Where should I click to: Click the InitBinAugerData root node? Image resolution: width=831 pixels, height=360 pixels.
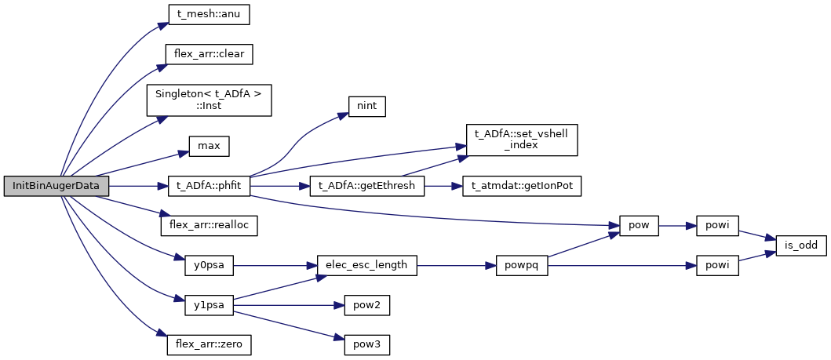pos(55,187)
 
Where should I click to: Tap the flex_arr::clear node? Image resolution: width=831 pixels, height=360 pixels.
pos(209,54)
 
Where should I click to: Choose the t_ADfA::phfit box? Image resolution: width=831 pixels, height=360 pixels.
pos(209,187)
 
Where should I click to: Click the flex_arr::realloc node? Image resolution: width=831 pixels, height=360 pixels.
pos(209,225)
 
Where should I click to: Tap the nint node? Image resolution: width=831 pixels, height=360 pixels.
pos(366,105)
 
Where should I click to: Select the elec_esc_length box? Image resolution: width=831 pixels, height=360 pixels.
pos(366,265)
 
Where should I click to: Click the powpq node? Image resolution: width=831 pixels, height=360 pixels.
pos(521,265)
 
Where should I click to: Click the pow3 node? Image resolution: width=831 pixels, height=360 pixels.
pos(366,344)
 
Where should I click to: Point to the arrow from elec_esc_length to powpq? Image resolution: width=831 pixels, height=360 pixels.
pos(455,265)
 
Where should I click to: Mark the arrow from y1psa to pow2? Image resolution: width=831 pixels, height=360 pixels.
pos(286,304)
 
